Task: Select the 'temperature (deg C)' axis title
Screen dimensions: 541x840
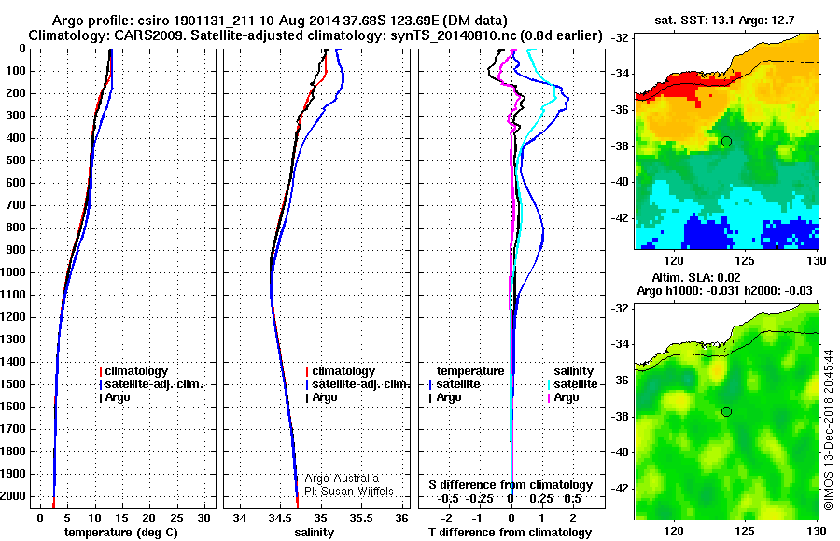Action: (121, 533)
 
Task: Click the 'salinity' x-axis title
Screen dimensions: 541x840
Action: (314, 533)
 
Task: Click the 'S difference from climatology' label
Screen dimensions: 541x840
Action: (511, 485)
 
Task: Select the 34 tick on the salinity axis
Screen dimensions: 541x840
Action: (240, 518)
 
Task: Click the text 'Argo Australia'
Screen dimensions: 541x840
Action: (342, 478)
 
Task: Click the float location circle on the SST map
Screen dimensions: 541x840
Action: (726, 141)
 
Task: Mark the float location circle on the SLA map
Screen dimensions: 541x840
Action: (726, 411)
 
